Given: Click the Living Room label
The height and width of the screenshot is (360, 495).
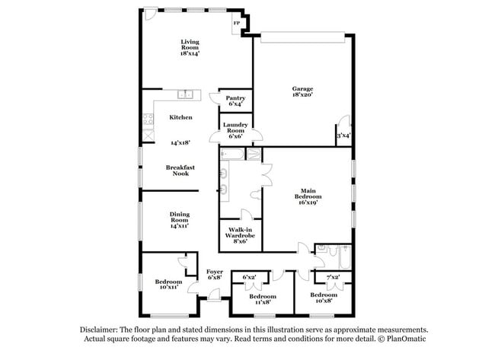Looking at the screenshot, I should pyautogui.click(x=190, y=47).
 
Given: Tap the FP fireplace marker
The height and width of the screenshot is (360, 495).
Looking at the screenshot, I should pyautogui.click(x=237, y=24).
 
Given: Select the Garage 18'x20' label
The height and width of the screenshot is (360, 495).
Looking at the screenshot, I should pyautogui.click(x=302, y=93).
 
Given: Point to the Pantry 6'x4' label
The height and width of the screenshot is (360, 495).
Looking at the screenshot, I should pyautogui.click(x=235, y=100).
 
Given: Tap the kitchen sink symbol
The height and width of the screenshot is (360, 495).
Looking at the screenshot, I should pyautogui.click(x=185, y=94).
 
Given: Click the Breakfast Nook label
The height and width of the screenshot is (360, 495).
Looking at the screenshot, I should pyautogui.click(x=180, y=170).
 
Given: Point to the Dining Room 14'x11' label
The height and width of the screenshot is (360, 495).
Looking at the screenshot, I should pyautogui.click(x=180, y=219).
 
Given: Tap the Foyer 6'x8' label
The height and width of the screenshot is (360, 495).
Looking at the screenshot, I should pyautogui.click(x=214, y=274).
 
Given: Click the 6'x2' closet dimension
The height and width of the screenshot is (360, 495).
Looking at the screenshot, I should pyautogui.click(x=249, y=277).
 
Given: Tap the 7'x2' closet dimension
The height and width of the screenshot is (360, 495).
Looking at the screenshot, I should pyautogui.click(x=333, y=277).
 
